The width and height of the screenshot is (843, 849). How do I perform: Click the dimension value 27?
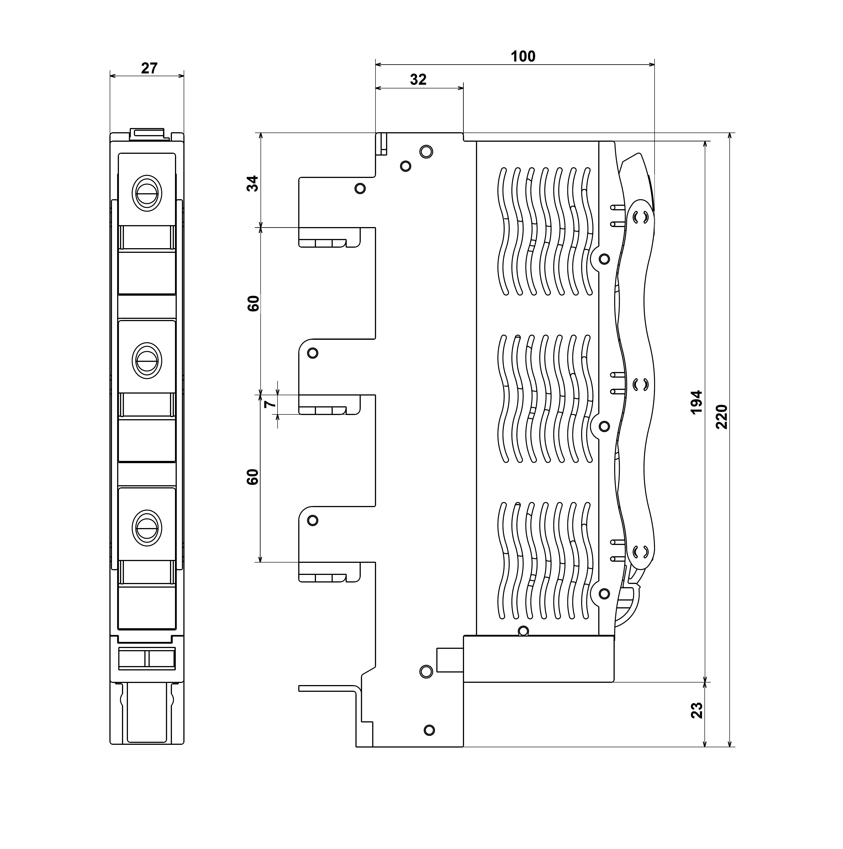click(149, 68)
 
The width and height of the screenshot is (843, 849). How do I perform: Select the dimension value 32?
click(418, 80)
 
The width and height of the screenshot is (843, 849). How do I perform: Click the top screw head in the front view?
click(147, 193)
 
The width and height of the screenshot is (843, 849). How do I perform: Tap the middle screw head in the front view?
click(147, 360)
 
